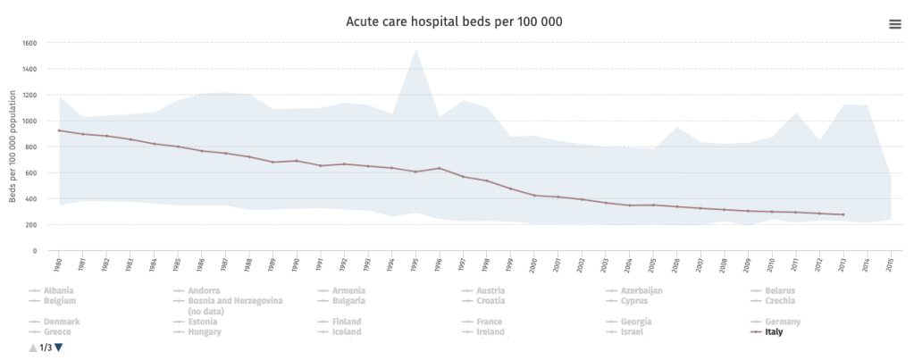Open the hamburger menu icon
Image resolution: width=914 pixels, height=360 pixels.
click(x=894, y=24)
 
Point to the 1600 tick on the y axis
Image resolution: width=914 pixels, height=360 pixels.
click(x=29, y=43)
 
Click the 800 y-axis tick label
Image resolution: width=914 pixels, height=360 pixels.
click(x=29, y=147)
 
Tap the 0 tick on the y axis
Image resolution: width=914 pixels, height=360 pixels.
click(x=33, y=251)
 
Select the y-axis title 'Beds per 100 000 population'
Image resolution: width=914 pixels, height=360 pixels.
click(x=13, y=147)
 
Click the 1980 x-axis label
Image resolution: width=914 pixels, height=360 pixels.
click(x=58, y=264)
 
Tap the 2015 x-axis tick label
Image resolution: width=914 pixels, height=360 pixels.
click(x=890, y=264)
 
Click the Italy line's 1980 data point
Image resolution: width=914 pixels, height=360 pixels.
click(x=59, y=130)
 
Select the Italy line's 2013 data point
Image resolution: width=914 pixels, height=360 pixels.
click(x=843, y=214)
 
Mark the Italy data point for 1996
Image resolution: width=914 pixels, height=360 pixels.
click(x=440, y=168)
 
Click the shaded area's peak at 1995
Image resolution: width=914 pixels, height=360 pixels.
click(x=415, y=50)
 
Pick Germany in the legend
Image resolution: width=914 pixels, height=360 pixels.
click(x=782, y=322)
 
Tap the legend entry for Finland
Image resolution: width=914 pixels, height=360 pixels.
click(x=346, y=322)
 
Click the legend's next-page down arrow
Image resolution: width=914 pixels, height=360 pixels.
click(x=59, y=347)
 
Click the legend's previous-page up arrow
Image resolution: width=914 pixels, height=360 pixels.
click(x=33, y=347)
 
